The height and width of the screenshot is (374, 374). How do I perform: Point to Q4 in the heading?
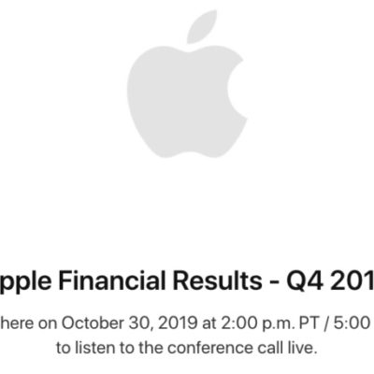(308, 280)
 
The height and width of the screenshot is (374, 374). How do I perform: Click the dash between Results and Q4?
(274, 280)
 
